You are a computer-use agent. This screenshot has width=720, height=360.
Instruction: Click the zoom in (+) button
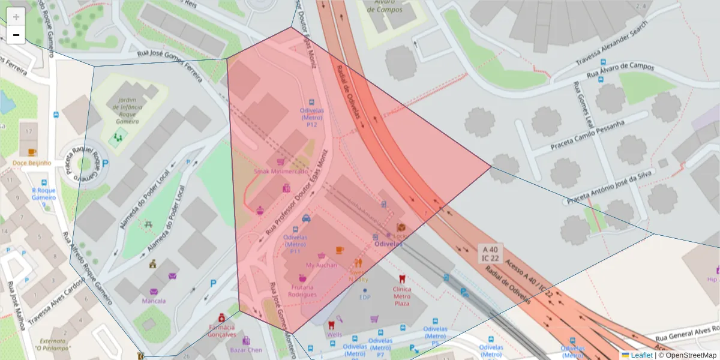click(16, 17)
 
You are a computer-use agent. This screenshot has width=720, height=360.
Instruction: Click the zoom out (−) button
click(16, 35)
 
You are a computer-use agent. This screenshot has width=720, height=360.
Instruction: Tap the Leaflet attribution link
click(641, 355)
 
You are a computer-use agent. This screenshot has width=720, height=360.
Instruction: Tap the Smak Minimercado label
click(280, 171)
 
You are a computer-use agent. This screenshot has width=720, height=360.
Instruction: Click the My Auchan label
click(322, 265)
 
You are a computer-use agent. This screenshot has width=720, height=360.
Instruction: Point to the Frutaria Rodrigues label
click(302, 291)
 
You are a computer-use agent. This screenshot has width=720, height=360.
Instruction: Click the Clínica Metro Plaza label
click(402, 296)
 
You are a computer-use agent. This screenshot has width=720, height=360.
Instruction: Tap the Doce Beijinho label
click(32, 163)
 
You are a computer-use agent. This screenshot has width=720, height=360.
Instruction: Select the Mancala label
click(154, 301)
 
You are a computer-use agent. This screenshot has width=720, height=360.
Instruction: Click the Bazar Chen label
click(246, 349)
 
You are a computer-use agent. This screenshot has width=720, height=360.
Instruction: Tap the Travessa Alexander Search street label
click(611, 47)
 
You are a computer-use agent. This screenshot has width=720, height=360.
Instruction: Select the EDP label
click(365, 296)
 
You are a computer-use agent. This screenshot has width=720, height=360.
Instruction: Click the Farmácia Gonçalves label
click(221, 331)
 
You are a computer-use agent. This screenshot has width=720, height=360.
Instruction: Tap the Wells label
click(334, 334)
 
